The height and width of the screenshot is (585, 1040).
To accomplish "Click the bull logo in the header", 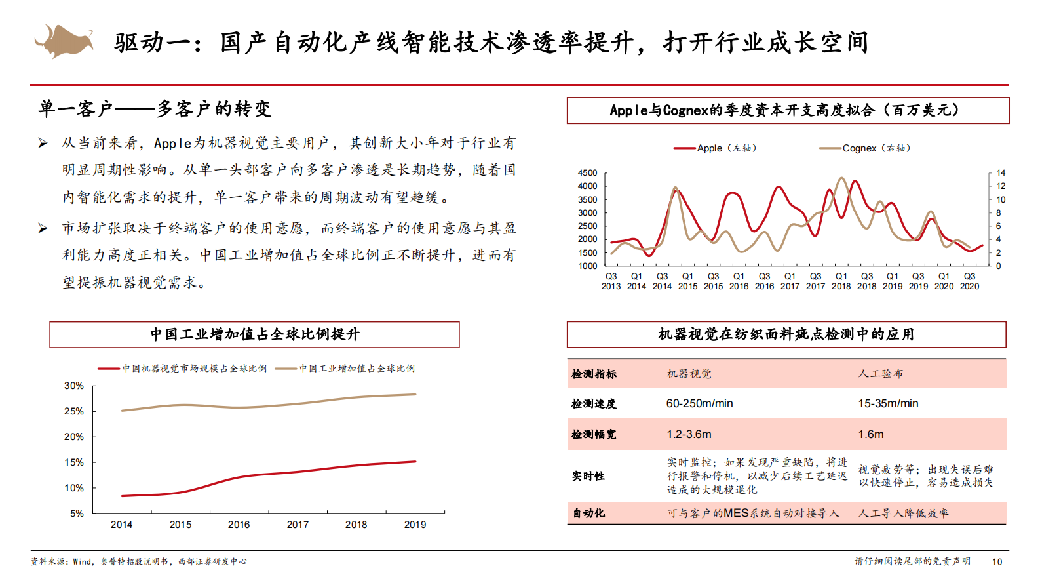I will (64, 41).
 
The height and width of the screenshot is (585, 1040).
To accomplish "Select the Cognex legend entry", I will (865, 148).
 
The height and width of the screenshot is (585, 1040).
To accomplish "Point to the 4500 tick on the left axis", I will (587, 173).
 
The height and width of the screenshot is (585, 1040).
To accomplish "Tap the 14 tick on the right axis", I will (1001, 173).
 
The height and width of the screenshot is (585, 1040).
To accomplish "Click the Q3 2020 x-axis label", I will (969, 281).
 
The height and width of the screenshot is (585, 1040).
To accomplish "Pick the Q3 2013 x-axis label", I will (611, 281).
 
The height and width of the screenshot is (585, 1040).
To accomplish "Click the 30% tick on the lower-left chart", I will (74, 386).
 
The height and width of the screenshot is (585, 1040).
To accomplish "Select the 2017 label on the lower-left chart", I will (298, 525).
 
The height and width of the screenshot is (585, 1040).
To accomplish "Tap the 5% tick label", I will (77, 514).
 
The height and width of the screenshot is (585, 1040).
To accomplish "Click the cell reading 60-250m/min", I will (699, 403).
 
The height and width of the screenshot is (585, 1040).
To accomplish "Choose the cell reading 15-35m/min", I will (888, 403).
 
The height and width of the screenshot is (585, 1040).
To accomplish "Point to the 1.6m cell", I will (871, 434).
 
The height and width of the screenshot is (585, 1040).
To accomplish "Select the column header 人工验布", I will (880, 374).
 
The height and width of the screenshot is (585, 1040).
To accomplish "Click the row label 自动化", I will (588, 513).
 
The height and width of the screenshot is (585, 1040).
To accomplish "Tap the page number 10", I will (997, 561).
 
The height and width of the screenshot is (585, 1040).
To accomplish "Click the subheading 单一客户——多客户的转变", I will (155, 109).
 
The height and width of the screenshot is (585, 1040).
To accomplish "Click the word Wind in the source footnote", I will (82, 561).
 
